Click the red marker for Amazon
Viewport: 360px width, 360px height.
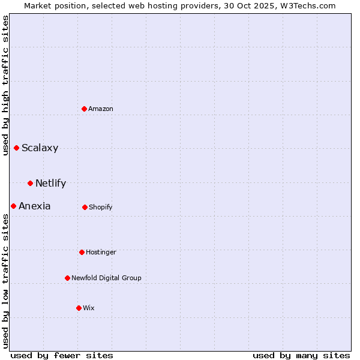pyautogui.click(x=85, y=109)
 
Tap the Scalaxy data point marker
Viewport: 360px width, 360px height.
pyautogui.click(x=16, y=148)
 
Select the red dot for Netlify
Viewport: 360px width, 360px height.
pyautogui.click(x=30, y=183)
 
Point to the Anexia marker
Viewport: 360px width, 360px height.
pyautogui.click(x=13, y=206)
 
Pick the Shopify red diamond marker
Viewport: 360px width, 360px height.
pyautogui.click(x=85, y=207)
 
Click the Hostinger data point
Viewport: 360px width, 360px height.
pyautogui.click(x=82, y=252)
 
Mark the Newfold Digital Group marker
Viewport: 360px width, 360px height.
pyautogui.click(x=67, y=278)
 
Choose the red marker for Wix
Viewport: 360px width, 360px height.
pyautogui.click(x=79, y=308)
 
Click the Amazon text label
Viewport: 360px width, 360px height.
pyautogui.click(x=101, y=109)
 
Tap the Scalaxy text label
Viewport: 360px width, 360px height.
pyautogui.click(x=40, y=148)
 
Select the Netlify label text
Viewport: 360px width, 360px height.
pyautogui.click(x=50, y=183)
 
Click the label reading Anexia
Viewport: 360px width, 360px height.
pyautogui.click(x=34, y=206)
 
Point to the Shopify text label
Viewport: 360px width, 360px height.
pyautogui.click(x=100, y=207)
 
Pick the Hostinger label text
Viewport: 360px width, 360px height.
pyautogui.click(x=101, y=252)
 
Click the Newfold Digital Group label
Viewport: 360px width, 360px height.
pyautogui.click(x=106, y=278)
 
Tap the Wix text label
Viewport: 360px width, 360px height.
pyautogui.click(x=89, y=308)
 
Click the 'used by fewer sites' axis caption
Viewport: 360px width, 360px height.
pyautogui.click(x=62, y=355)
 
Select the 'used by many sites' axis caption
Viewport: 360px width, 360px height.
pyautogui.click(x=301, y=355)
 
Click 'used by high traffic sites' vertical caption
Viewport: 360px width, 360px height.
pyautogui.click(x=5, y=85)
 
